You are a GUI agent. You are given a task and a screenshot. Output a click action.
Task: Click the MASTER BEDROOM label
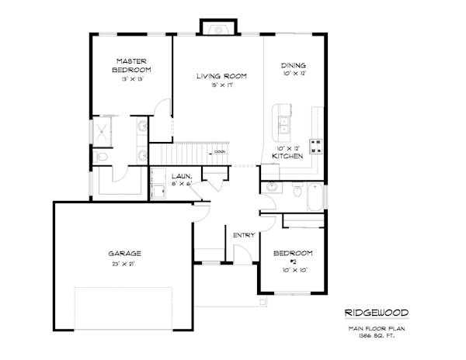click(131, 65)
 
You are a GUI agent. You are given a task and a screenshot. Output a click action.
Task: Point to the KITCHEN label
click(286, 157)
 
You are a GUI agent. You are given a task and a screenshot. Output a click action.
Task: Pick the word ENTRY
click(244, 235)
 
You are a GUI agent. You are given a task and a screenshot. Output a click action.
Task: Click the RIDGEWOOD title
click(376, 313)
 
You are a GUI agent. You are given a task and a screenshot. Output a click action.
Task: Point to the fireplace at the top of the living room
click(218, 29)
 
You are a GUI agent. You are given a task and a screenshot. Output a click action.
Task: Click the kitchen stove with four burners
click(316, 144)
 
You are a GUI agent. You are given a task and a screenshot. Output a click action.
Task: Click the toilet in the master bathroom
click(102, 157)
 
